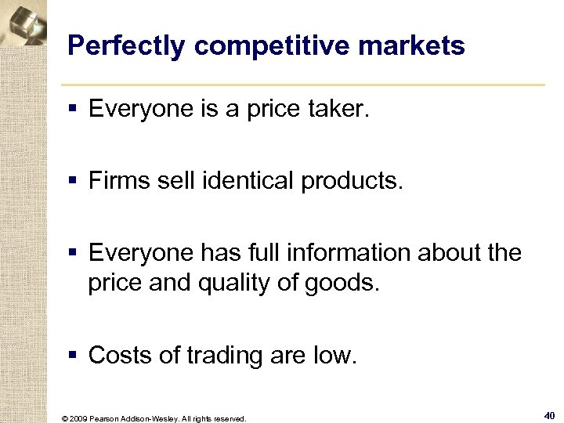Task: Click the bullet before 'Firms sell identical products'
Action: click(x=74, y=182)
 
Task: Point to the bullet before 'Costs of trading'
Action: click(x=74, y=356)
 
